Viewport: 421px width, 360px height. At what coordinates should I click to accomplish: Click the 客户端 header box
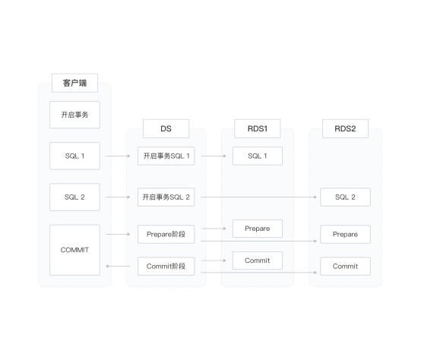(x=74, y=83)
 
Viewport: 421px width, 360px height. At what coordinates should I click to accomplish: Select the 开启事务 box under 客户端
(x=74, y=115)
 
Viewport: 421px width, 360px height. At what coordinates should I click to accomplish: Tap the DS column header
(x=166, y=129)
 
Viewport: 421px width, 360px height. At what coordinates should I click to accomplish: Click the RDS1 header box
(x=257, y=129)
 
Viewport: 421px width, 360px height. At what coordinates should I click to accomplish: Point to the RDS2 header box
(x=345, y=129)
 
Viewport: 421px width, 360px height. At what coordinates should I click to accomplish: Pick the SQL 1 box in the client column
(x=74, y=156)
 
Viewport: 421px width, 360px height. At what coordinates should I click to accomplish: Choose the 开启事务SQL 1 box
(x=166, y=156)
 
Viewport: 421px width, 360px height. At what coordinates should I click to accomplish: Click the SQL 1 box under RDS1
(x=257, y=156)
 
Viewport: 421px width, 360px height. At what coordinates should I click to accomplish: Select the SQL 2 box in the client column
(x=74, y=197)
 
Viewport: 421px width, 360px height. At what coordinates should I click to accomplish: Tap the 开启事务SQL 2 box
(x=166, y=197)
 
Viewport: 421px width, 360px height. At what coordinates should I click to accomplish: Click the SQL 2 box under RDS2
(x=345, y=197)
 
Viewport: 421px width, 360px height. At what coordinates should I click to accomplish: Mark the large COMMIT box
(x=74, y=250)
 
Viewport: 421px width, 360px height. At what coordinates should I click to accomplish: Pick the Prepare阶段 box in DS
(x=166, y=234)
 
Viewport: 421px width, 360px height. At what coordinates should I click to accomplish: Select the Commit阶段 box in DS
(x=166, y=266)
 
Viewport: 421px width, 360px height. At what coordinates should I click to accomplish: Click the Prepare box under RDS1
(x=257, y=229)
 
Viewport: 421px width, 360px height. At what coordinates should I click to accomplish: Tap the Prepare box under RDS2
(x=345, y=234)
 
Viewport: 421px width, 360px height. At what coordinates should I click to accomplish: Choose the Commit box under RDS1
(x=257, y=261)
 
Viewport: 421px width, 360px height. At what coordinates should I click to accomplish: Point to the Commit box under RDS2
(x=345, y=266)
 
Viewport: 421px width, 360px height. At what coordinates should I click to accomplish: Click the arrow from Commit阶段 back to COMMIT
(x=118, y=266)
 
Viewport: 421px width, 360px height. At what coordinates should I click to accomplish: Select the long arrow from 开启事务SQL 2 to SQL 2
(x=259, y=197)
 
